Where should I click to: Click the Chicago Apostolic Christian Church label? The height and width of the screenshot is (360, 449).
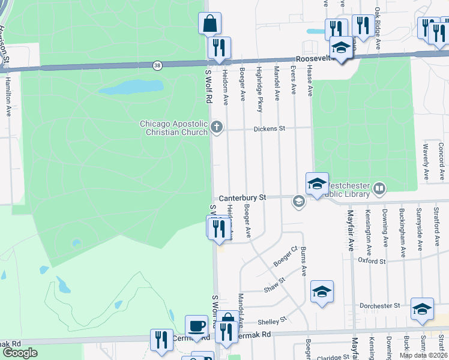click(174, 128)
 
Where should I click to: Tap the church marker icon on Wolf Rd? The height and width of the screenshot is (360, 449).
click(217, 127)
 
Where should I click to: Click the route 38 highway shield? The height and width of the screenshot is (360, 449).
click(157, 65)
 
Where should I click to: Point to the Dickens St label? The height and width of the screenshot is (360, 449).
click(269, 128)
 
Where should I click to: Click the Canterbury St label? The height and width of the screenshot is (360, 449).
click(242, 197)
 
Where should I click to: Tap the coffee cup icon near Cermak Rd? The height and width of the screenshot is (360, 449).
click(196, 326)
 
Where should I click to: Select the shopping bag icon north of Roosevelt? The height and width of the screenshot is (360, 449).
click(209, 23)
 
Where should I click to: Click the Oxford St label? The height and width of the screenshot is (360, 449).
click(372, 262)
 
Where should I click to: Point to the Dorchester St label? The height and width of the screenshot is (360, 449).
click(379, 306)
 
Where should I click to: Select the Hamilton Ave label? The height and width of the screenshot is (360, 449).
click(8, 96)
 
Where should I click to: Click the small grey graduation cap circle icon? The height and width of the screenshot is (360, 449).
click(298, 202)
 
